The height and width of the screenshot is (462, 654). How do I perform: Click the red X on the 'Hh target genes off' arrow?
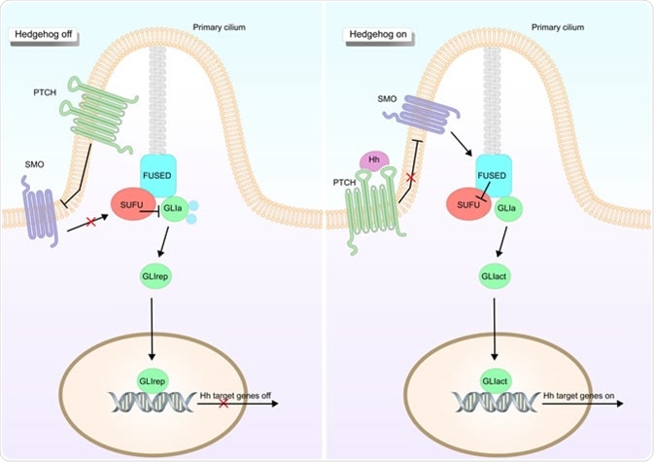pyautogui.click(x=224, y=403)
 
